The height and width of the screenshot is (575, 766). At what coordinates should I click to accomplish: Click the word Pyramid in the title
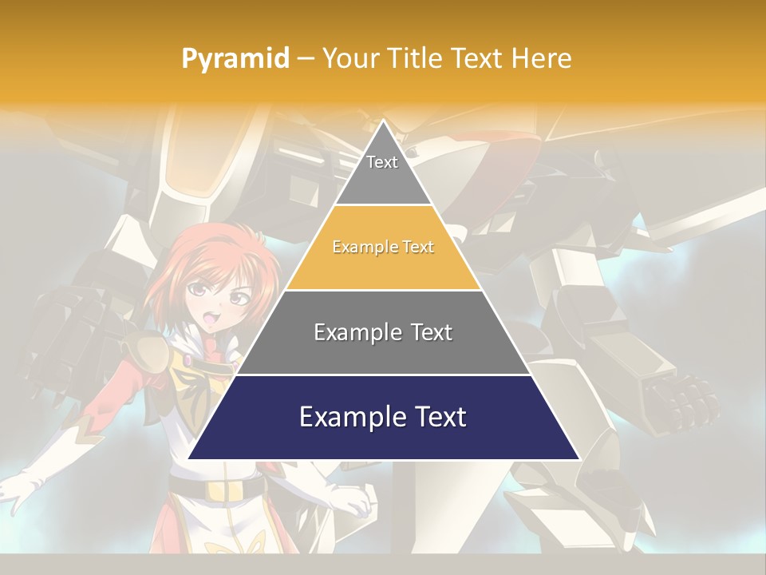click(x=235, y=59)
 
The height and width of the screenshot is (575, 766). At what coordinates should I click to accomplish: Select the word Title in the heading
click(x=415, y=58)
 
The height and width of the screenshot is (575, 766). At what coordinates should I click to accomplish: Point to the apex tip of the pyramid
click(x=384, y=122)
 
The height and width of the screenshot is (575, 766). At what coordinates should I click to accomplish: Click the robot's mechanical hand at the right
click(x=678, y=399)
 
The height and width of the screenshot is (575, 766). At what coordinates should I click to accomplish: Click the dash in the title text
click(x=306, y=59)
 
